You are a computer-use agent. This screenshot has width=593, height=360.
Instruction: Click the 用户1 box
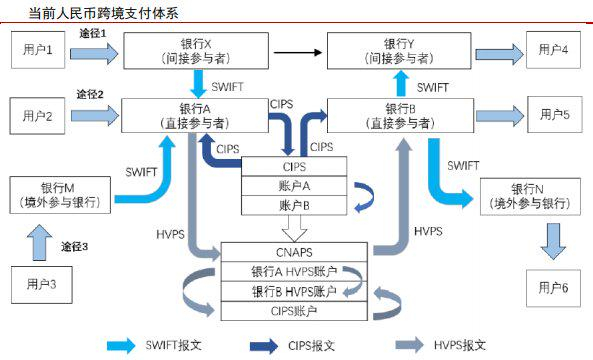point(38,49)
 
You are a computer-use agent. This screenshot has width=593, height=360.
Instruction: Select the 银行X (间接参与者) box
point(193,51)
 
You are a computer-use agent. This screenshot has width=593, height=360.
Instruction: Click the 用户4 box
point(552,49)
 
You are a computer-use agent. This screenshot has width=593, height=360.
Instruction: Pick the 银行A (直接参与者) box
point(194,115)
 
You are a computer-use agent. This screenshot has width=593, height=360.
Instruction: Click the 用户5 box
point(552,115)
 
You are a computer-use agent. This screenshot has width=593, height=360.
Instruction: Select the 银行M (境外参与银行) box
point(66,194)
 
